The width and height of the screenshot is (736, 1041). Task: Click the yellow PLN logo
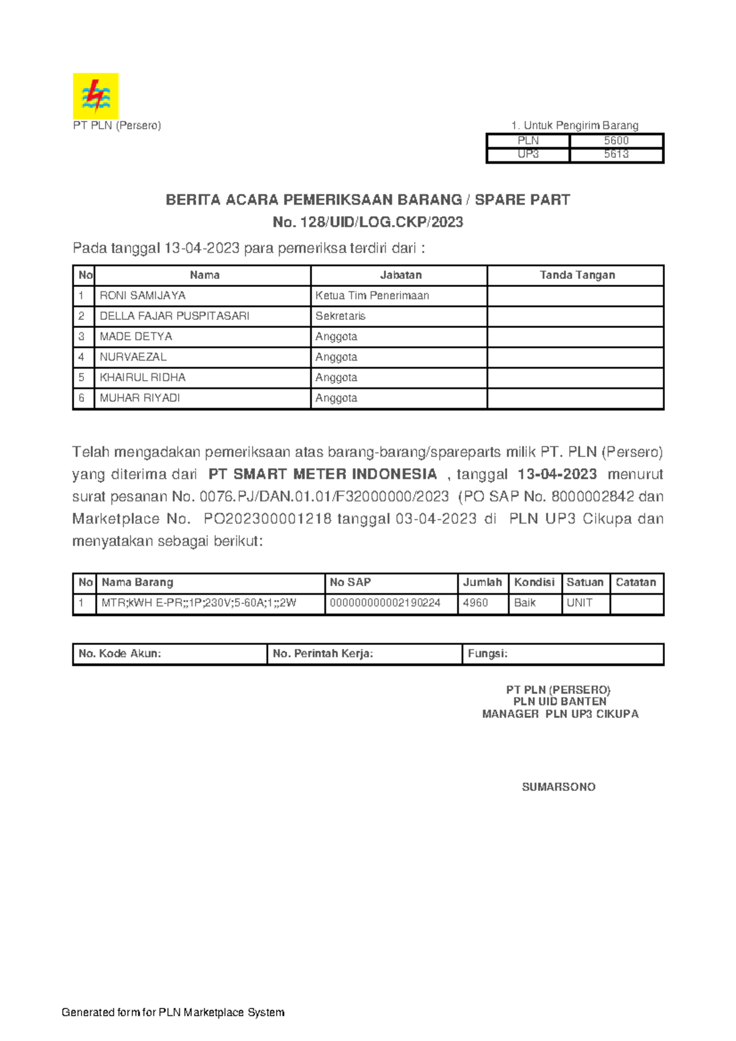[96, 96]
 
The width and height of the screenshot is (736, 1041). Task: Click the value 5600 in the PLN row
[616, 140]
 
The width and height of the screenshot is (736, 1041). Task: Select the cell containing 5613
[616, 154]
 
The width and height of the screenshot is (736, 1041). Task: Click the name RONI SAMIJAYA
[142, 296]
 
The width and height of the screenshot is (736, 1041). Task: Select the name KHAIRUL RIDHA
[142, 378]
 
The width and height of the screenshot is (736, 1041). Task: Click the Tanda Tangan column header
[577, 275]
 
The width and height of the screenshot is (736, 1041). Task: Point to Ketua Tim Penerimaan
[372, 296]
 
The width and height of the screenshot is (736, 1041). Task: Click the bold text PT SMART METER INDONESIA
[323, 474]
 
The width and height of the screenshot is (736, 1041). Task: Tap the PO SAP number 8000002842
[592, 497]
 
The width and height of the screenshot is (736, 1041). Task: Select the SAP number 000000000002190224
[385, 603]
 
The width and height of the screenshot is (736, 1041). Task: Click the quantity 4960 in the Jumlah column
[475, 603]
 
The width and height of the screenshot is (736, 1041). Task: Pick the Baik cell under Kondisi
[525, 603]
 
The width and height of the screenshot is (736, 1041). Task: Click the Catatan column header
[635, 582]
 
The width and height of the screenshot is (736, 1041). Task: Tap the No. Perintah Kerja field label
[323, 654]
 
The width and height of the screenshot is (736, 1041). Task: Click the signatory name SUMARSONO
[558, 787]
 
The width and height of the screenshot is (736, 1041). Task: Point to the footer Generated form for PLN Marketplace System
[173, 1012]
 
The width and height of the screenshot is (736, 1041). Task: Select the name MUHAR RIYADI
[140, 398]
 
